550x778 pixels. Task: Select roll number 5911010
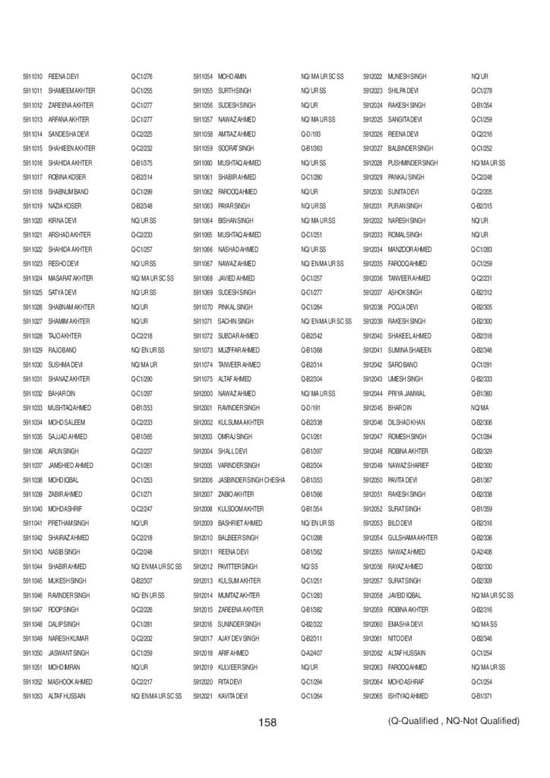33,77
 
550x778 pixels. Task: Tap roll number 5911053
33,695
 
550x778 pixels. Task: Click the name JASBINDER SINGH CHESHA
251,481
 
